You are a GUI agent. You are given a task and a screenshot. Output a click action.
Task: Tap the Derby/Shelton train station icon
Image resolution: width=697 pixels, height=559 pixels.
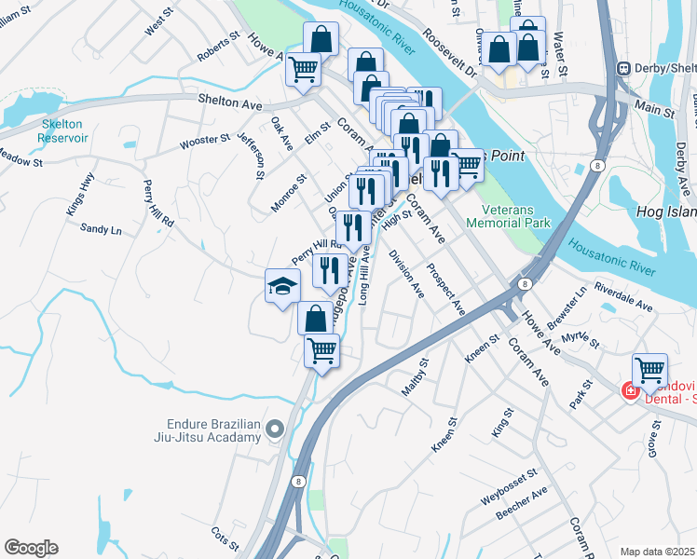(x=623, y=67)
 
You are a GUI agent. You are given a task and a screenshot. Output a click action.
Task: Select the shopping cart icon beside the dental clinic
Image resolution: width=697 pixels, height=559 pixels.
(x=649, y=370)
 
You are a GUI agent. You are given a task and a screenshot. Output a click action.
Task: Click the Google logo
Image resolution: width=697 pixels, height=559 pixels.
(x=31, y=548)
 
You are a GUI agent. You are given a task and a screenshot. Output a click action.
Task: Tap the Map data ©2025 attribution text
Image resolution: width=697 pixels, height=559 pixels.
(x=657, y=551)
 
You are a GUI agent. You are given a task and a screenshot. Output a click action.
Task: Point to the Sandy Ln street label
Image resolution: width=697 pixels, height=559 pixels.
(x=101, y=228)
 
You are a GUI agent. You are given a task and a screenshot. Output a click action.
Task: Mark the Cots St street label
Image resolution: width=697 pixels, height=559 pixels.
(x=225, y=538)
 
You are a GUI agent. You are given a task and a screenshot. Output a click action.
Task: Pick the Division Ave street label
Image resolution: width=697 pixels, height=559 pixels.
(x=406, y=274)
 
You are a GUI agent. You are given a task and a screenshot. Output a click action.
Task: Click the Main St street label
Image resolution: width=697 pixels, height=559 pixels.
(x=654, y=110)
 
